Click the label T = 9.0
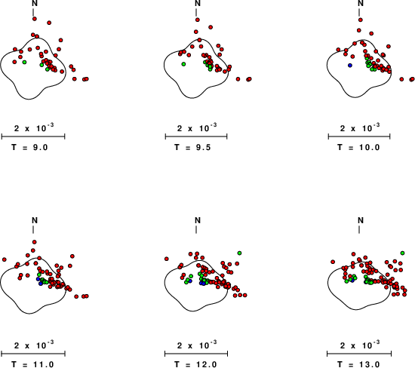29,147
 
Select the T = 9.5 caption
192,147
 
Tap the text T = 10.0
358,147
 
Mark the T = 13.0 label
358,364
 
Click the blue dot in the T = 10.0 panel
350,65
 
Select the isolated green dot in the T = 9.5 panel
183,64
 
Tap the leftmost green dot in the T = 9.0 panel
24,62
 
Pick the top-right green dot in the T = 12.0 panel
239,253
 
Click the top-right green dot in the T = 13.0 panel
403,253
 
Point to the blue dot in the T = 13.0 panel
352,281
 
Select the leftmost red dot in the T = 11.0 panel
5,259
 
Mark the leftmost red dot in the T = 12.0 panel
167,259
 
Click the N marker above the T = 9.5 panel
198,3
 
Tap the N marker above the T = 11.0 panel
35,220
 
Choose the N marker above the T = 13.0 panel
361,220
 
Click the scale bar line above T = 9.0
33,136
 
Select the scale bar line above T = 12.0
196,354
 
